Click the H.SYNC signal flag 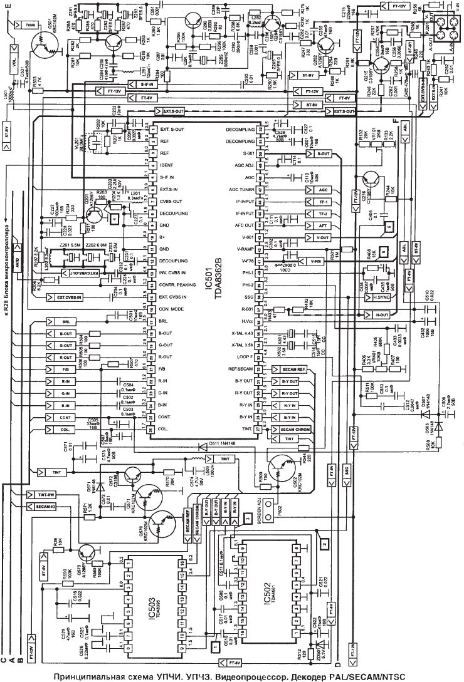pos(377,299)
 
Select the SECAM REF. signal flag pos(292,370)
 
